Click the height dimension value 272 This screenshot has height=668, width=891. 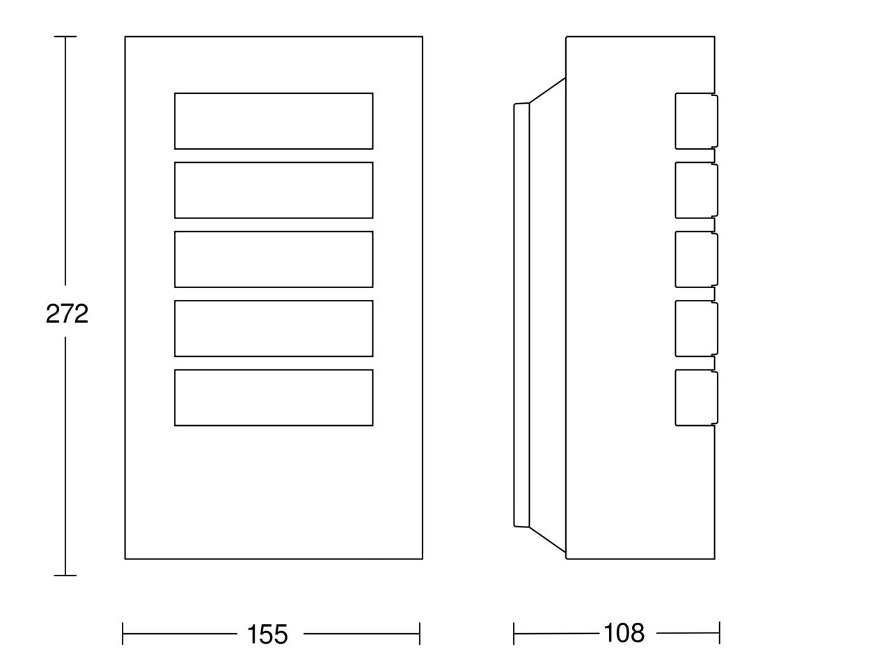[x=67, y=314]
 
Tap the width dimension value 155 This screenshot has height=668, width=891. [x=267, y=635]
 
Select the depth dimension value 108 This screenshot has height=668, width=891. [x=624, y=633]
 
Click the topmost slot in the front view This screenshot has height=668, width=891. [x=274, y=121]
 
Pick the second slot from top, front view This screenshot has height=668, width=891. [x=274, y=190]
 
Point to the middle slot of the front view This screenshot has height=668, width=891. [x=274, y=259]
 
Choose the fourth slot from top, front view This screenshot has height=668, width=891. [x=274, y=328]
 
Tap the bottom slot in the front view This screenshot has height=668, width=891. [x=274, y=397]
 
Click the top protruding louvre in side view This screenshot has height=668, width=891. [x=697, y=121]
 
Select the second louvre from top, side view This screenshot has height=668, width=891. [x=697, y=190]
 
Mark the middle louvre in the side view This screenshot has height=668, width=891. [x=697, y=259]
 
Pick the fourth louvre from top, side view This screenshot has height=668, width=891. [x=697, y=328]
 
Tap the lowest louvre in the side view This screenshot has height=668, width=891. [x=697, y=397]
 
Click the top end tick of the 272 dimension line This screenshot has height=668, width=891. [x=65, y=36]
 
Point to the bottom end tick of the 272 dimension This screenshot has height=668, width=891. [x=65, y=575]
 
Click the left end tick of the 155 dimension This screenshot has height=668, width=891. [x=123, y=633]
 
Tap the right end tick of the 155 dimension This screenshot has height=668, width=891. [x=420, y=633]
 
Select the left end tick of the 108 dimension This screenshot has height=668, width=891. [x=514, y=633]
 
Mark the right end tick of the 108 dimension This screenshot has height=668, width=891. [x=720, y=633]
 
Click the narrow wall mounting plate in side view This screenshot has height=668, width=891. [x=521, y=315]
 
